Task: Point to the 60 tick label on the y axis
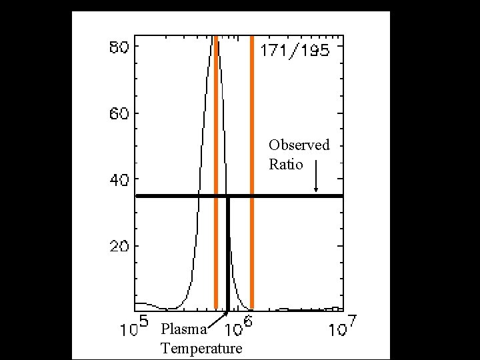(x=119, y=114)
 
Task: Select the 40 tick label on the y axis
(x=119, y=180)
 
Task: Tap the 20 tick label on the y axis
(x=119, y=247)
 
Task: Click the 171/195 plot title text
(x=294, y=51)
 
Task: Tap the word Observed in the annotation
(x=299, y=145)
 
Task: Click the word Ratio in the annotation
(x=286, y=164)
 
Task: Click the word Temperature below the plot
(x=201, y=349)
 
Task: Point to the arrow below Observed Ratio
(x=316, y=183)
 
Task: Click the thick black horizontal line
(x=287, y=196)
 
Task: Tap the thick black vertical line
(x=228, y=260)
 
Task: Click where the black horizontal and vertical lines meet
(x=228, y=196)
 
